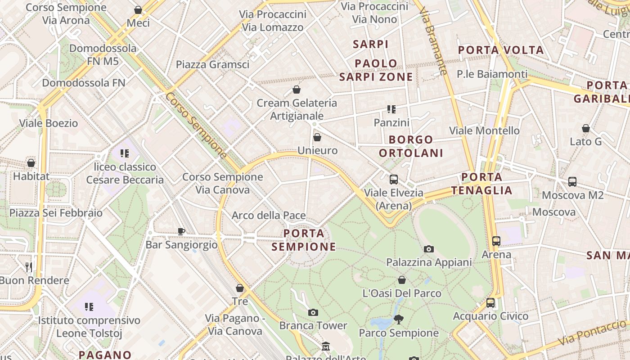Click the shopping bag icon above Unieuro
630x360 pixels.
tap(317, 137)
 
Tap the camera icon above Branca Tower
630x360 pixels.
tap(313, 312)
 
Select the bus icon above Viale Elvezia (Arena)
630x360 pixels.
tap(394, 180)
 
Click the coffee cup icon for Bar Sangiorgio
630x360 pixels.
tap(181, 231)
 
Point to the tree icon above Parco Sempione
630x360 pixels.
tap(398, 319)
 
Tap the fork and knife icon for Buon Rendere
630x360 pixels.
tap(29, 267)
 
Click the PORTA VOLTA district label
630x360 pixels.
tap(501, 50)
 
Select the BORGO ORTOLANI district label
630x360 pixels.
tap(411, 146)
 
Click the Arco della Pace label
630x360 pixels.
tap(269, 216)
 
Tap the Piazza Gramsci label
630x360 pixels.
tap(212, 64)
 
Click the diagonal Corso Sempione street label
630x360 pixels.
tap(196, 126)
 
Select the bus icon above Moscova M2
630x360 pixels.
tap(572, 182)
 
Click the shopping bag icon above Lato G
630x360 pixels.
tap(585, 129)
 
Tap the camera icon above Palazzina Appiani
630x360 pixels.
tap(429, 249)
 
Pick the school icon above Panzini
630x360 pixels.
tap(391, 109)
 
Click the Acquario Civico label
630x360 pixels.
tap(490, 316)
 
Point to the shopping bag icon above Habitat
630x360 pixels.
tap(31, 163)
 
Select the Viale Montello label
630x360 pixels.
tap(484, 130)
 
